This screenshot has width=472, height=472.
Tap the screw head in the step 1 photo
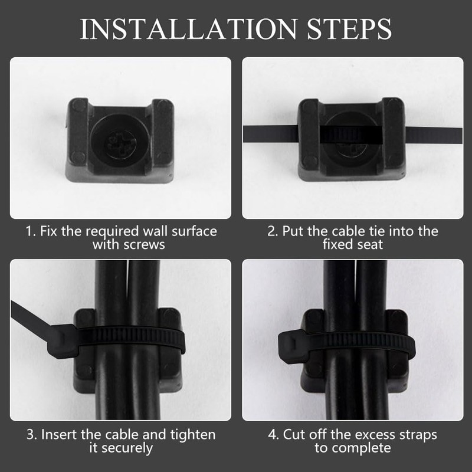120,137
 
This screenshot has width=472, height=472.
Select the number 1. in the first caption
31,231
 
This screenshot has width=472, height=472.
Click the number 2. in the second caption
273,231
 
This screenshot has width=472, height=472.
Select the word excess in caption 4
363,435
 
